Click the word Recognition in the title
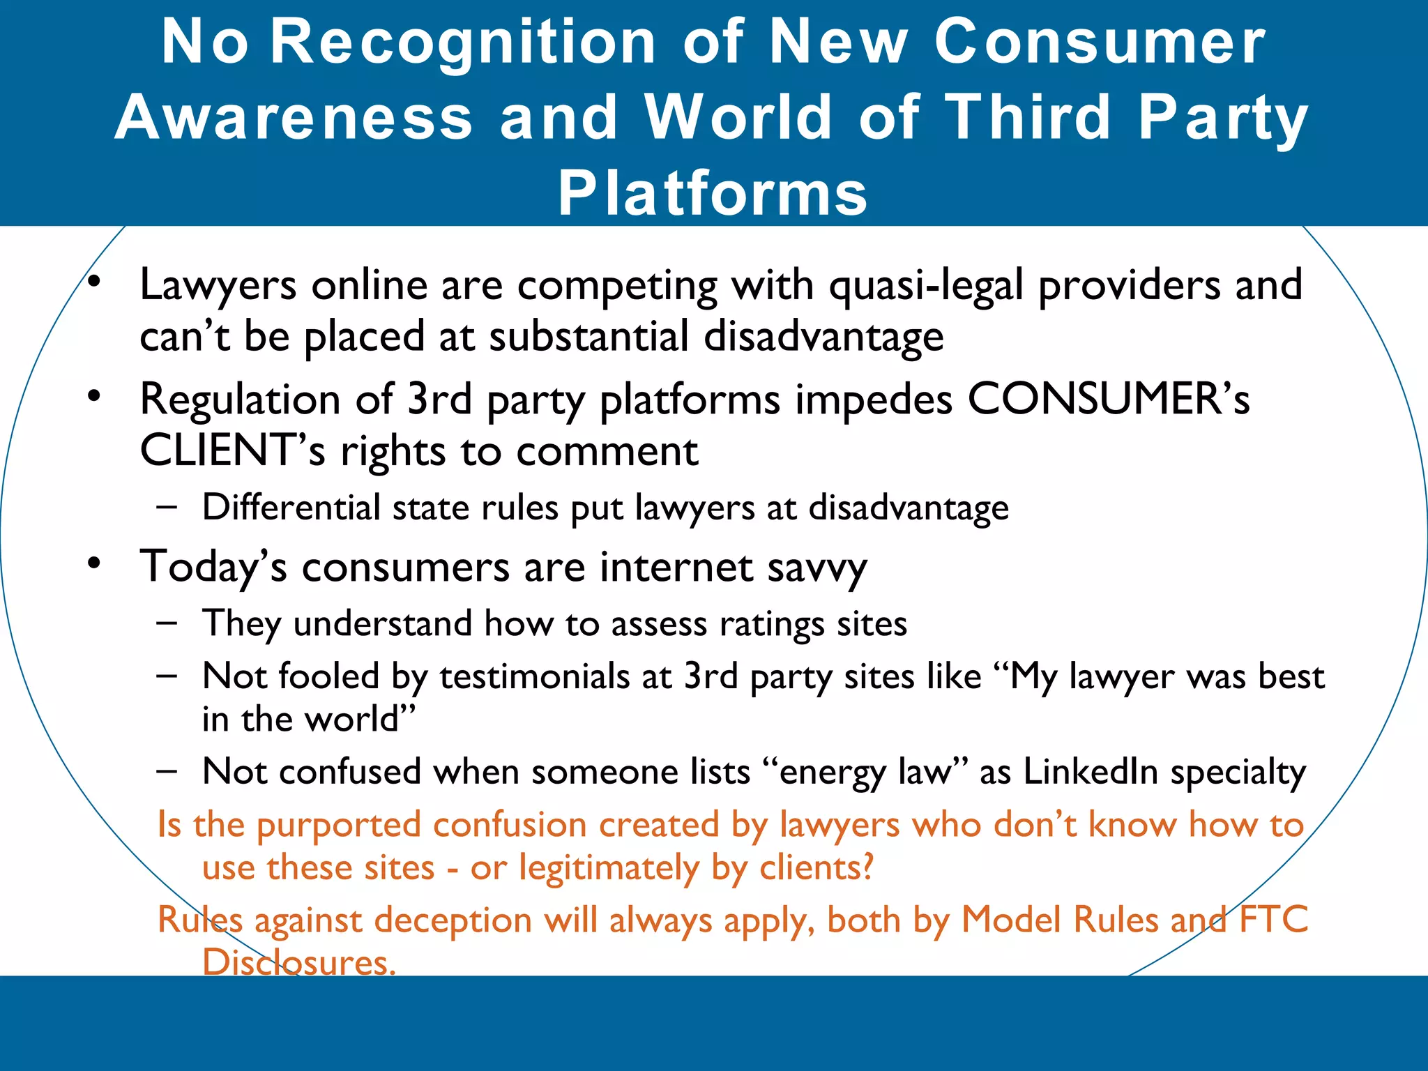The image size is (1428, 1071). (x=463, y=43)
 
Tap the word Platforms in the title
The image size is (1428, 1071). (x=713, y=193)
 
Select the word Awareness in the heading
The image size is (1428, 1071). (x=294, y=117)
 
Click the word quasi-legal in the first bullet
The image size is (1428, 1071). (x=926, y=286)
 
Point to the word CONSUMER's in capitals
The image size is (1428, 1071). (x=1109, y=400)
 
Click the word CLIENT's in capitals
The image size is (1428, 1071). (x=232, y=450)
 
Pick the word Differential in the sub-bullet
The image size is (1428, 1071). (x=291, y=507)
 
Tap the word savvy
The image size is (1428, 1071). (x=817, y=568)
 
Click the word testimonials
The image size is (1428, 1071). (x=535, y=676)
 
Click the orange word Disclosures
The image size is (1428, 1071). (x=299, y=962)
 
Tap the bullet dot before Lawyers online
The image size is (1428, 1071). (x=95, y=282)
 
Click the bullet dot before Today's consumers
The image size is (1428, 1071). (x=95, y=563)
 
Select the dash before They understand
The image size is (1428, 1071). (x=167, y=622)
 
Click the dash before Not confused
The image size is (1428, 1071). (x=167, y=771)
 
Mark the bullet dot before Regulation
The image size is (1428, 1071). (x=95, y=397)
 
